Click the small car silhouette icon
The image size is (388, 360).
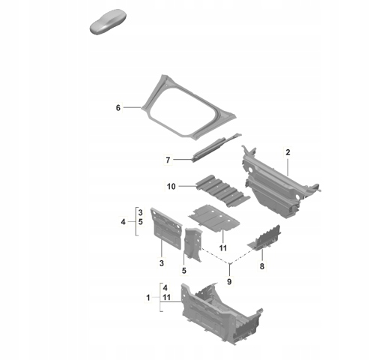pyautogui.click(x=108, y=22)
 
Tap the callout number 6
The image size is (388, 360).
pyautogui.click(x=118, y=108)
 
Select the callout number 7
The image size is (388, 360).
pyautogui.click(x=168, y=160)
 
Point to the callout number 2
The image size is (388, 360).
pyautogui.click(x=288, y=152)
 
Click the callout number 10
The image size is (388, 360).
pyautogui.click(x=172, y=187)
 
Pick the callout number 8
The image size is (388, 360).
pyautogui.click(x=262, y=266)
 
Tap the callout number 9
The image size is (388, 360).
pyautogui.click(x=229, y=282)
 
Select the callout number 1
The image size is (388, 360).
pyautogui.click(x=148, y=298)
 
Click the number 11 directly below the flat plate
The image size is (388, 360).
pyautogui.click(x=223, y=248)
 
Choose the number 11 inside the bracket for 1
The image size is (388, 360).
pyautogui.click(x=166, y=297)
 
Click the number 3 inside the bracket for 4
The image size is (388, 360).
pyautogui.click(x=140, y=213)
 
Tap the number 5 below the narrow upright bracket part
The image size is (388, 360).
pyautogui.click(x=184, y=271)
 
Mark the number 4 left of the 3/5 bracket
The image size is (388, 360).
pyautogui.click(x=123, y=222)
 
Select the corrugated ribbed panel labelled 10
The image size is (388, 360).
pyautogui.click(x=222, y=190)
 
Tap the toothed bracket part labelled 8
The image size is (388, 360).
pyautogui.click(x=264, y=238)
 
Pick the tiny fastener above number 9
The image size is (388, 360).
pyautogui.click(x=229, y=263)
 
